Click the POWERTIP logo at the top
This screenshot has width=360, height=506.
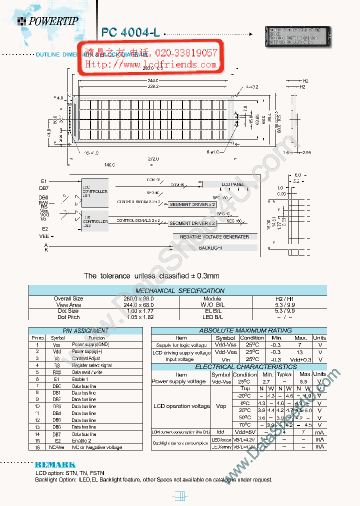click(47, 20)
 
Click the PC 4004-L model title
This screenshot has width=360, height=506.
click(130, 32)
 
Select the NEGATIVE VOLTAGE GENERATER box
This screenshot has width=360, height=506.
click(214, 236)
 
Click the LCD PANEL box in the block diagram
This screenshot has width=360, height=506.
click(232, 184)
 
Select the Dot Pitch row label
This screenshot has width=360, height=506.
click(68, 317)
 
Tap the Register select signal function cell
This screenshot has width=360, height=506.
click(91, 365)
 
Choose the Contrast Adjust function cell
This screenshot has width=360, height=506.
click(86, 358)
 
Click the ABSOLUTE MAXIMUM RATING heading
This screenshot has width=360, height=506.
click(238, 330)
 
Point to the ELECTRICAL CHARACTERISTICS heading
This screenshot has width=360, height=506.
click(238, 367)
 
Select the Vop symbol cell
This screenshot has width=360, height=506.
click(221, 406)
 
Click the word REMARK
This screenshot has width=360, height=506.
click(55, 465)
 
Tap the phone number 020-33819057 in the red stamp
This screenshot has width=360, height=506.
click(186, 53)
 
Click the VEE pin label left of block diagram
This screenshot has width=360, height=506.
click(44, 235)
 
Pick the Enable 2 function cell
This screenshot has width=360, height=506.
click(82, 441)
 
